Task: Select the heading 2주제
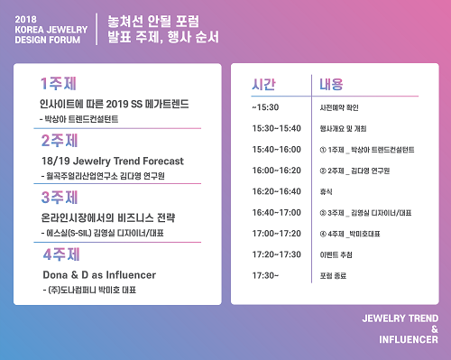coord(57,141)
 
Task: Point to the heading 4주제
coord(58,253)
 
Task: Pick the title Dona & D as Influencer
coord(99,273)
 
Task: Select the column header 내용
coord(331,85)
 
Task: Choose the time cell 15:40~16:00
coord(277,149)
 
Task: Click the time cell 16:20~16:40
coord(277,191)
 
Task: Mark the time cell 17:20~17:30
coord(277,255)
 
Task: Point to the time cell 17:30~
coord(266,276)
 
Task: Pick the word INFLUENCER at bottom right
coord(399,341)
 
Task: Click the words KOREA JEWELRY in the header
coord(51,28)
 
